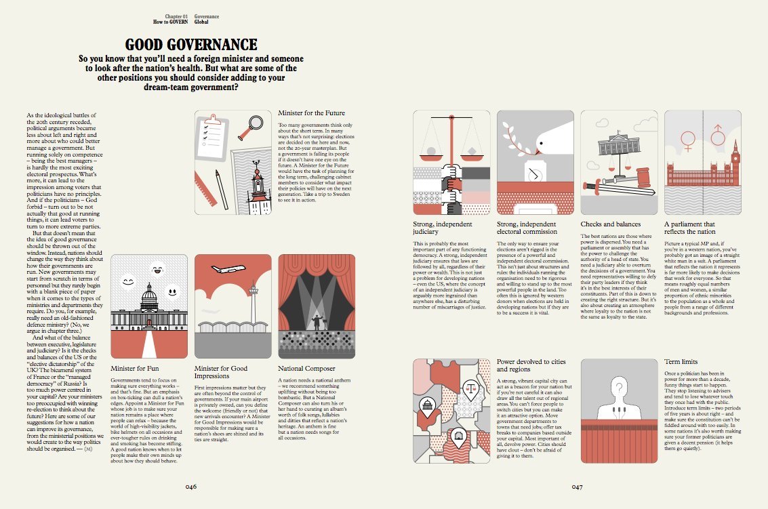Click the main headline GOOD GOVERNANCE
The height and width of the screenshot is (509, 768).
click(191, 45)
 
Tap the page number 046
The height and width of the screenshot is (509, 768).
click(191, 486)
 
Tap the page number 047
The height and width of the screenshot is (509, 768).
click(577, 486)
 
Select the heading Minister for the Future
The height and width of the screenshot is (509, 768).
click(311, 113)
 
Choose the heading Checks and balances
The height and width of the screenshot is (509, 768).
click(609, 224)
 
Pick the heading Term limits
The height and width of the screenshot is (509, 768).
click(681, 363)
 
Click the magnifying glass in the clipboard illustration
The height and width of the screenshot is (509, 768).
click(256, 123)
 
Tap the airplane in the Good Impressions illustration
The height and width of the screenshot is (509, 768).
click(228, 269)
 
